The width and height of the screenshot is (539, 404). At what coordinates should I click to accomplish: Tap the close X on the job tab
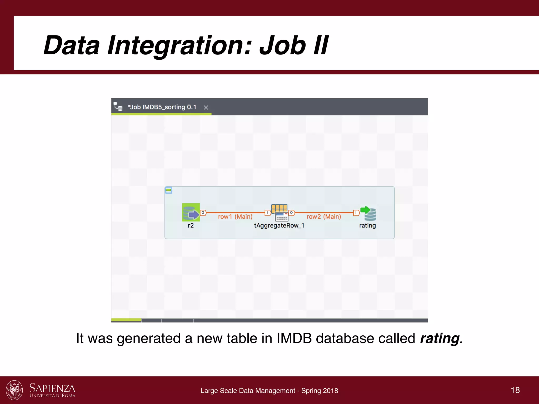(x=206, y=108)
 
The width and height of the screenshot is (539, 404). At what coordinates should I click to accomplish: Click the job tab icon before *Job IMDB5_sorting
(x=118, y=107)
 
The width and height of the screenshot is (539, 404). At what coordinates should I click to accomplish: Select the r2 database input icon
(x=191, y=212)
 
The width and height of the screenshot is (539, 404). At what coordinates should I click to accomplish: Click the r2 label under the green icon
(x=191, y=226)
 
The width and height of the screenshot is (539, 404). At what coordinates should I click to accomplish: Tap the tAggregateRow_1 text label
(x=279, y=226)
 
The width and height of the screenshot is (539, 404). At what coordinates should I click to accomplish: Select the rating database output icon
(x=368, y=213)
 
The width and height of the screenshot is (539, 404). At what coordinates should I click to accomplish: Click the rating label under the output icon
(x=367, y=226)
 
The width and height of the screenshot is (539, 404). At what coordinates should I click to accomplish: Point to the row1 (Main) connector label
(x=235, y=217)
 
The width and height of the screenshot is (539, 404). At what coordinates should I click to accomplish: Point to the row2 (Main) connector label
(x=323, y=217)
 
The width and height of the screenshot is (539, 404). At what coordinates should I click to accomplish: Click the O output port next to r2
(x=203, y=213)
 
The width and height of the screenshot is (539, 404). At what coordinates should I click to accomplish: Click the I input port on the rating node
(x=356, y=213)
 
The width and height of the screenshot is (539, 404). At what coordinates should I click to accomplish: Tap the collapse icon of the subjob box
(x=168, y=190)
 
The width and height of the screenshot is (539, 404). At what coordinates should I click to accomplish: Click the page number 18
(x=515, y=390)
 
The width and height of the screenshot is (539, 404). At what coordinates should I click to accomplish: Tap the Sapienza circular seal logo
(x=14, y=390)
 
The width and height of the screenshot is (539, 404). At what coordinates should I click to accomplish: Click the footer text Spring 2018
(x=320, y=391)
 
